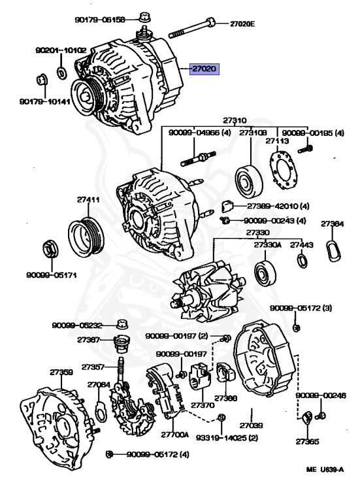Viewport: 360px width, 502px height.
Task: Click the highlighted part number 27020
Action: pyautogui.click(x=205, y=69)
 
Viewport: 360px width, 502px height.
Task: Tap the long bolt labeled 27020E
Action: pyautogui.click(x=191, y=28)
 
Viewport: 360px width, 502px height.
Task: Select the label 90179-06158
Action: pyautogui.click(x=100, y=20)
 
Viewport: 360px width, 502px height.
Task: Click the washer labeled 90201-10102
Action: pyautogui.click(x=61, y=73)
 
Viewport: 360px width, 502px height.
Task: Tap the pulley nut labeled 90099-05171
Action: pyautogui.click(x=50, y=248)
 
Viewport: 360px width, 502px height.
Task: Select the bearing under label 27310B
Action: pyautogui.click(x=249, y=181)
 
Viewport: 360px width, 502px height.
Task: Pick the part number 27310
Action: pyautogui.click(x=235, y=120)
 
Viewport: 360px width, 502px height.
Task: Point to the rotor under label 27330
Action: pyautogui.click(x=208, y=291)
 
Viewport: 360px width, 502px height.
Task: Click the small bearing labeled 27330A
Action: pyautogui.click(x=265, y=273)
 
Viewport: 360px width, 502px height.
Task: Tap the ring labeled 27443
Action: pyautogui.click(x=302, y=261)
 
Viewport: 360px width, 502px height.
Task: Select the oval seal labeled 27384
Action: pyautogui.click(x=333, y=251)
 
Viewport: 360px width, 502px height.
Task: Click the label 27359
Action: pyautogui.click(x=61, y=372)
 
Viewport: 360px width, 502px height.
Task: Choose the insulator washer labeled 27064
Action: pyautogui.click(x=100, y=410)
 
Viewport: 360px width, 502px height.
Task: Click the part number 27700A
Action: pyautogui.click(x=174, y=435)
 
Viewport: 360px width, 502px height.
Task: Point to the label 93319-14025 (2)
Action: pyautogui.click(x=227, y=437)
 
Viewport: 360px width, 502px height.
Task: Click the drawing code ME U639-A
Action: pyautogui.click(x=325, y=469)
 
